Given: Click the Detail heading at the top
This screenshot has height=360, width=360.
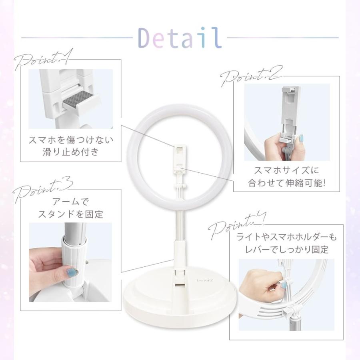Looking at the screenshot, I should (180, 37).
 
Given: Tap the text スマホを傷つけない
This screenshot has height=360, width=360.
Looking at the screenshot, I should (71, 140).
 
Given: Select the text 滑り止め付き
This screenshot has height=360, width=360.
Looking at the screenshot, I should (71, 152).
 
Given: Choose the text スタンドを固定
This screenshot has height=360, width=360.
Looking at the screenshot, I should (70, 214).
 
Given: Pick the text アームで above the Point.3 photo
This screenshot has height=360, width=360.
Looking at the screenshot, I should (71, 202).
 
